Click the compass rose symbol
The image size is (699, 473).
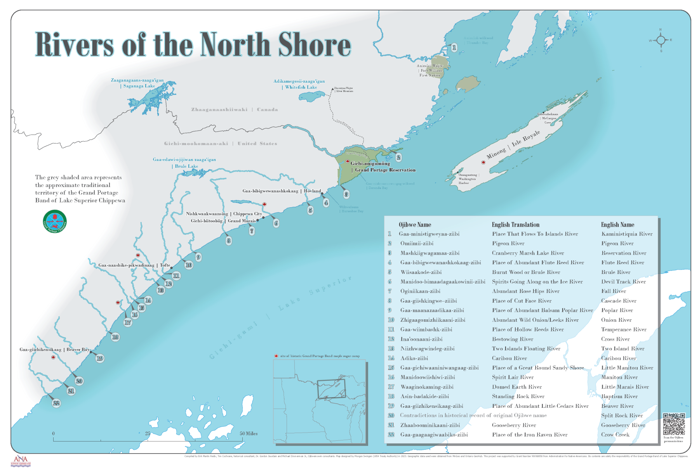(x=661, y=40)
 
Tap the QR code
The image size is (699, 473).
(x=674, y=424)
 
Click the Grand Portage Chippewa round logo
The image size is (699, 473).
(x=55, y=222)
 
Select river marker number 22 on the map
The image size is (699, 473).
(x=56, y=403)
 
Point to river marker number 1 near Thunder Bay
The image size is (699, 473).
(x=454, y=48)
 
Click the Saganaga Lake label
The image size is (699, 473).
(x=139, y=86)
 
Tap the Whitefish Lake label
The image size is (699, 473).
(x=301, y=87)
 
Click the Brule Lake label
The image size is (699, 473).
(x=186, y=166)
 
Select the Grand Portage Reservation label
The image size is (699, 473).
(x=385, y=170)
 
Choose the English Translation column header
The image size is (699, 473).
(x=515, y=225)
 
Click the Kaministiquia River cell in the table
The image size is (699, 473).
(x=627, y=234)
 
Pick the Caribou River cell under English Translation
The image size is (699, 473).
(x=509, y=358)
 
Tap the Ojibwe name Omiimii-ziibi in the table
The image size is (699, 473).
(x=417, y=243)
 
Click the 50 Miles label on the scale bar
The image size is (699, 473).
(x=249, y=433)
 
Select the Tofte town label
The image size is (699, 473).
(x=165, y=265)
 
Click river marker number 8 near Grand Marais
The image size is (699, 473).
(x=229, y=241)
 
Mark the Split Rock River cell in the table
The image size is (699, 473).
(x=622, y=416)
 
